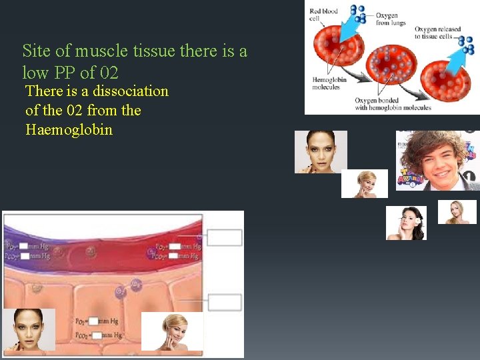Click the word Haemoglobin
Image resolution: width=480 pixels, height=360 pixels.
coord(69,129)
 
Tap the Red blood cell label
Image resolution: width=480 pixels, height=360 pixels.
coord(323,14)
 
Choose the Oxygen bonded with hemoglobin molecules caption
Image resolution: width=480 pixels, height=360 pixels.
coord(393,104)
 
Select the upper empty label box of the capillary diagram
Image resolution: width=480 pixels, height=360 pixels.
coord(224,237)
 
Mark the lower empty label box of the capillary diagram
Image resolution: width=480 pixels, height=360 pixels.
coord(224,302)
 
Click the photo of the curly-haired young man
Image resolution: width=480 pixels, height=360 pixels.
coord(437,161)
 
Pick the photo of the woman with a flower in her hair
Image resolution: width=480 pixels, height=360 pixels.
coord(406,223)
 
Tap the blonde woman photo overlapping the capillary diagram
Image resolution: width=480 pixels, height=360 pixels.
coord(172,331)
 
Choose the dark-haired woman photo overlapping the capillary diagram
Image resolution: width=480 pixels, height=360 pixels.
coord(29,329)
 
